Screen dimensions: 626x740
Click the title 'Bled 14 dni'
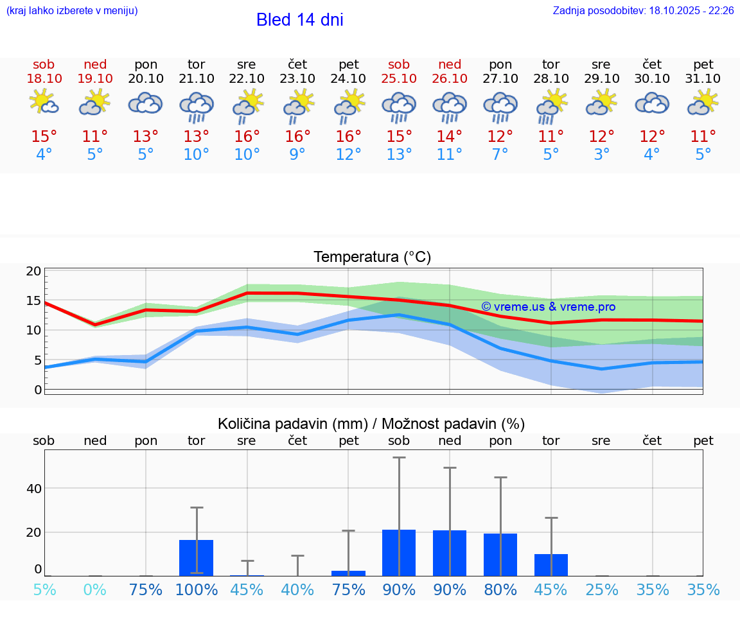299,20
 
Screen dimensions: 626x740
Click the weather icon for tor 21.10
197,107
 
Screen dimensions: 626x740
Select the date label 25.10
399,79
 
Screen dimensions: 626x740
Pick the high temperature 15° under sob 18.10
44,137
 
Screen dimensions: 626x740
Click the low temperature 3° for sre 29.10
601,155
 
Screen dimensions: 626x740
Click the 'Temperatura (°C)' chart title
372,257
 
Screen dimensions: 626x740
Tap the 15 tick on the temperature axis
33,300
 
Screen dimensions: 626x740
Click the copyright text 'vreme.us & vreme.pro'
548,307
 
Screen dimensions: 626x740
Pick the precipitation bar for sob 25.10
399,552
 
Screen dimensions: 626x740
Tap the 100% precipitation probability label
197,590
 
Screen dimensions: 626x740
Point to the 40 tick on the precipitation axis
33,489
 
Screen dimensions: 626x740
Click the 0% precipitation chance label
95,590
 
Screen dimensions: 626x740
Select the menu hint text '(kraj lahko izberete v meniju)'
72,11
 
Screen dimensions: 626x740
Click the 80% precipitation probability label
500,590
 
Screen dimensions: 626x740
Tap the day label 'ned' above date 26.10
450,65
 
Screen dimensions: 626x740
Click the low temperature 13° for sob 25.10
399,155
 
